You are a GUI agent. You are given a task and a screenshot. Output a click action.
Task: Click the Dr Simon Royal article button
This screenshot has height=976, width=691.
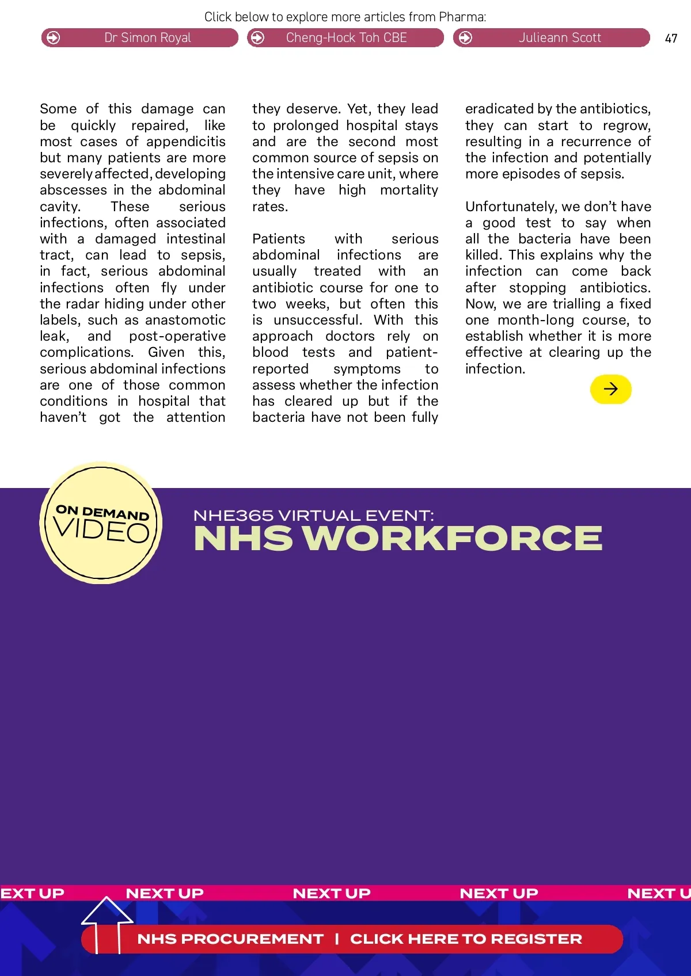tap(139, 38)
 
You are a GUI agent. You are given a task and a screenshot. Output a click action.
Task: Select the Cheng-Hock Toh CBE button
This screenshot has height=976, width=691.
tap(345, 38)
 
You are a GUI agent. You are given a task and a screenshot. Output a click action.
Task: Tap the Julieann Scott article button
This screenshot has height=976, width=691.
tap(552, 38)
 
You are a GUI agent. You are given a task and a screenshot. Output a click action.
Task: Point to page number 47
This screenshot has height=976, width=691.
tap(671, 39)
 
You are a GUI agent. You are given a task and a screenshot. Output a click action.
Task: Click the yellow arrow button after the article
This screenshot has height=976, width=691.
tap(610, 390)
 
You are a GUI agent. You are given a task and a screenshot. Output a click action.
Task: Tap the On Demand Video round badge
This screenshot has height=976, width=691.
tap(101, 523)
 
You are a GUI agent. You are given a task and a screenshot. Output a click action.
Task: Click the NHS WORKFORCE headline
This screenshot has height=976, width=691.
tap(398, 539)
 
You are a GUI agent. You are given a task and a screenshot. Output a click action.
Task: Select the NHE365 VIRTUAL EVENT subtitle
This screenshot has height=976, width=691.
tap(313, 515)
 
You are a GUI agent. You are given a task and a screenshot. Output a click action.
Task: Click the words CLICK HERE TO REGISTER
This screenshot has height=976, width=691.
tap(466, 939)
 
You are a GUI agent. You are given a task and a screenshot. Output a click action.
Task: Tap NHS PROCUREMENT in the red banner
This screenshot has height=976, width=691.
tap(230, 939)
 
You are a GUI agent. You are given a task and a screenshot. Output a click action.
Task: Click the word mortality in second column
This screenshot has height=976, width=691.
tap(409, 190)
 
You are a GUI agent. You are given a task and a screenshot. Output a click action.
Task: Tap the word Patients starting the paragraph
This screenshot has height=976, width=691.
tap(279, 239)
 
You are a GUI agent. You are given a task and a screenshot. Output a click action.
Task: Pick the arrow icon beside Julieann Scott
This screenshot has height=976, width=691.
tap(465, 38)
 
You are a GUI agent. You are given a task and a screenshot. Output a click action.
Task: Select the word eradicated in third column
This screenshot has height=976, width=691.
tap(499, 109)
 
